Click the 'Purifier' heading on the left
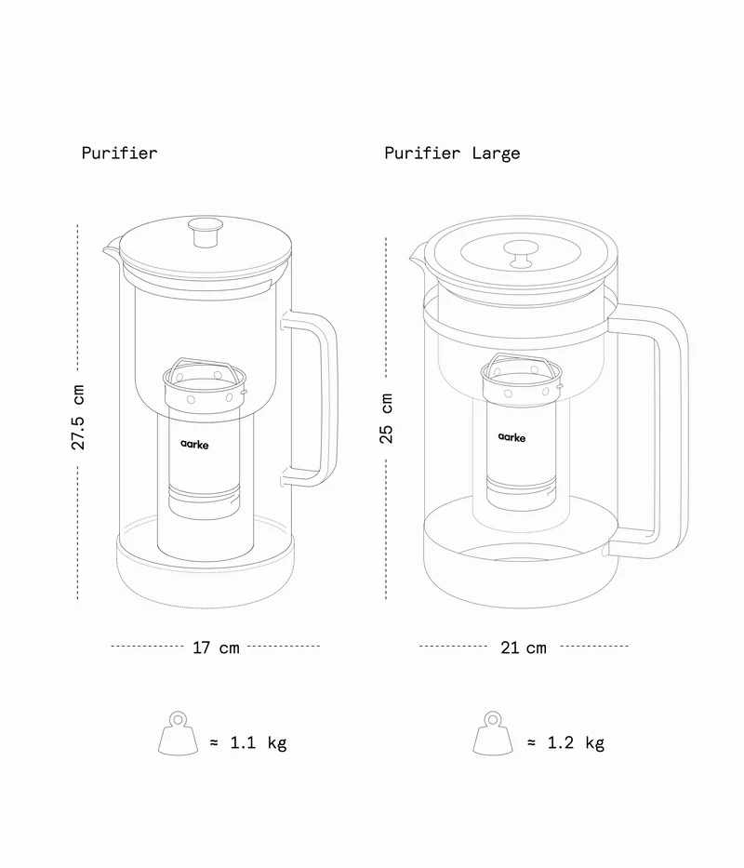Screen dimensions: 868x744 [x=119, y=153]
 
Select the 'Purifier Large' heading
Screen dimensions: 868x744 [x=452, y=153]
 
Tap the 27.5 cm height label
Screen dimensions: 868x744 [x=78, y=418]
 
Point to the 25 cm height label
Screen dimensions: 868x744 [x=387, y=418]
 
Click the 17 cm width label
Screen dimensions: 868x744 [x=216, y=647]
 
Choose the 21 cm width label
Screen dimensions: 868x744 [x=524, y=647]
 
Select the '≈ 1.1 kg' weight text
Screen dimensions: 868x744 [x=247, y=742]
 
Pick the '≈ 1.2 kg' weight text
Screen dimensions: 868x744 [x=565, y=742]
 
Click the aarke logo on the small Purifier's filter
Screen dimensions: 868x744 [x=195, y=445]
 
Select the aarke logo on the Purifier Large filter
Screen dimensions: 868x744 [x=511, y=435]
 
